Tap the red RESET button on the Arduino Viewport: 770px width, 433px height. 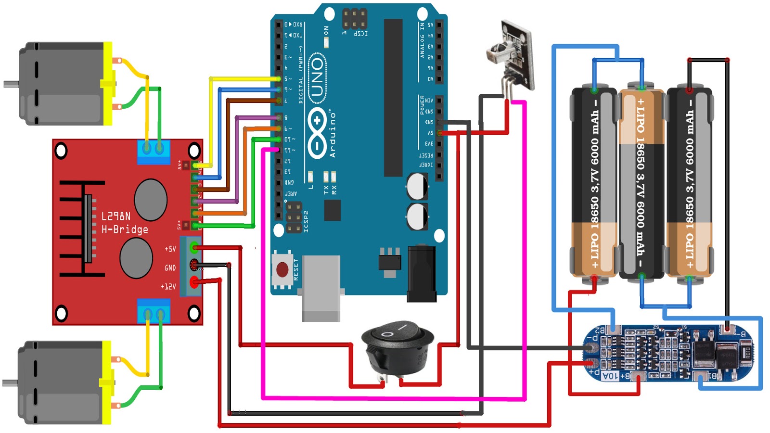tap(282, 270)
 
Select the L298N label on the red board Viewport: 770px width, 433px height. tap(115, 216)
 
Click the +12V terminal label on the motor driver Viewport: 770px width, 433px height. tap(168, 287)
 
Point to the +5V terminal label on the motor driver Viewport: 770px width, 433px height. tap(170, 249)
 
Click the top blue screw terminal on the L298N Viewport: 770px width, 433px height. tap(154, 151)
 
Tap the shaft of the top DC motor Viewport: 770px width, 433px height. tap(11, 84)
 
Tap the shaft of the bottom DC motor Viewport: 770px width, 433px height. tap(10, 383)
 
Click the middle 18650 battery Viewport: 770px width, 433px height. tap(641, 183)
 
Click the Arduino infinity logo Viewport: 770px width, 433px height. tap(317, 133)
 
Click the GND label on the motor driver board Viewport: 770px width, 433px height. tap(170, 267)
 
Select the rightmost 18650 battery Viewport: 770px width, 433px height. tap(689, 183)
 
